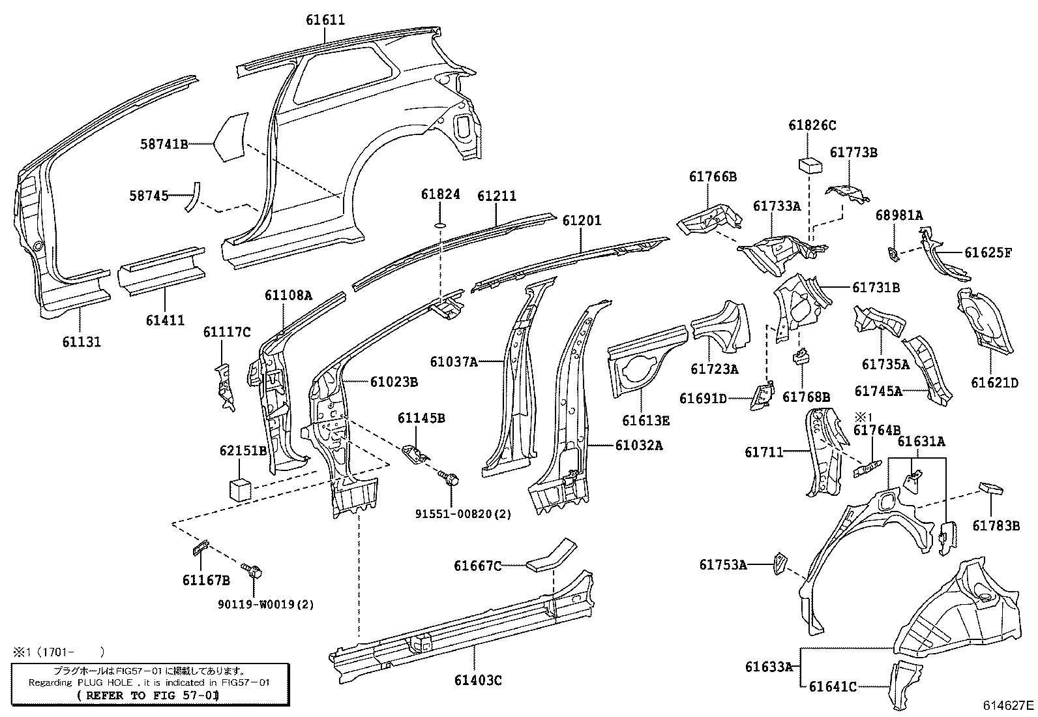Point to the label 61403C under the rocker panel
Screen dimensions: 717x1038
click(x=478, y=680)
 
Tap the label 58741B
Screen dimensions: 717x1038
click(x=164, y=144)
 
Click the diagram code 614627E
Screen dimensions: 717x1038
click(x=1009, y=705)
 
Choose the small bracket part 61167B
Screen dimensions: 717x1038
click(x=199, y=547)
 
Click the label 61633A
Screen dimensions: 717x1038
click(x=769, y=667)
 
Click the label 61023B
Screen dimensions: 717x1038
click(x=394, y=382)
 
